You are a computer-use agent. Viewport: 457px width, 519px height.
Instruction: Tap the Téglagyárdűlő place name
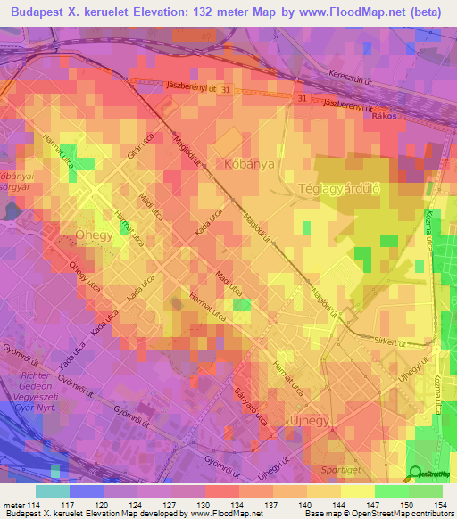pyautogui.click(x=338, y=189)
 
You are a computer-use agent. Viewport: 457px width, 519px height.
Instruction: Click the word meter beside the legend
pyautogui.click(x=12, y=506)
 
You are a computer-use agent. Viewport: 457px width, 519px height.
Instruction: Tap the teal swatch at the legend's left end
pyautogui.click(x=53, y=491)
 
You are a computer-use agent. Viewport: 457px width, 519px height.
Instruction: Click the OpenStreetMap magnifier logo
pyautogui.click(x=415, y=474)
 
